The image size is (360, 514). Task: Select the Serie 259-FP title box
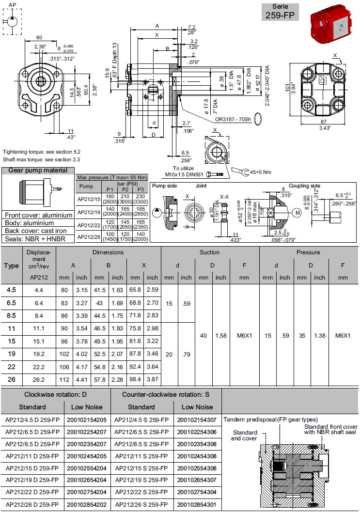point(281,12)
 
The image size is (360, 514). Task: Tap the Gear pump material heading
point(38,171)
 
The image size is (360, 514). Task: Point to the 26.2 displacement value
point(39,379)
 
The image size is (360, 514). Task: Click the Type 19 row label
point(12,354)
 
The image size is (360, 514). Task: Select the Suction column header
point(209,252)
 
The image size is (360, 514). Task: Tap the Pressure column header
point(308,252)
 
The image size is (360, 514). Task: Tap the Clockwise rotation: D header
point(56,394)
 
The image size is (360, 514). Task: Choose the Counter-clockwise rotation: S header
point(165,394)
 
